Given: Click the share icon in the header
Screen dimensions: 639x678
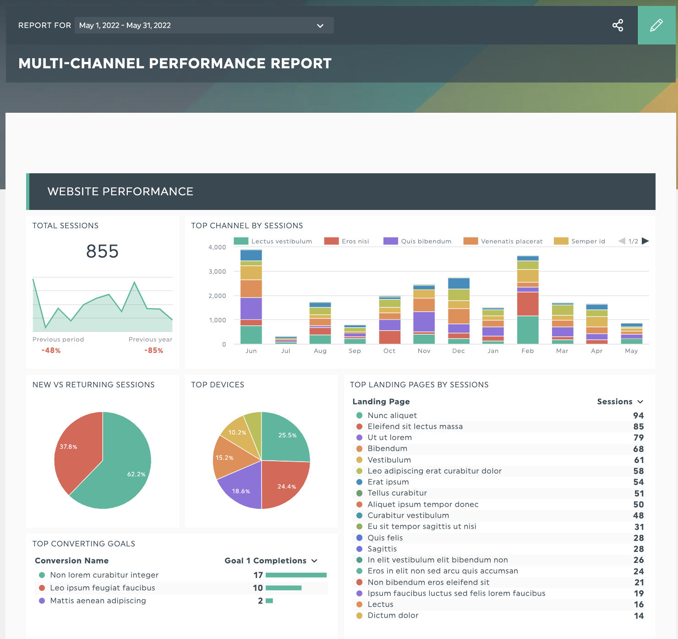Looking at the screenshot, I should (618, 25).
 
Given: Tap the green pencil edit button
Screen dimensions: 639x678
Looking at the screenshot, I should (656, 25).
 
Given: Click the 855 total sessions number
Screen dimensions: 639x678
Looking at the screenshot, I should (102, 251).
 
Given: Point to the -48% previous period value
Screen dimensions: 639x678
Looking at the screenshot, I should (51, 350).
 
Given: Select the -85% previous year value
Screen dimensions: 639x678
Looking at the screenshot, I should (153, 350).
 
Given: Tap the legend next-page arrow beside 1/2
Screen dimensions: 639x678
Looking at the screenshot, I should (645, 241).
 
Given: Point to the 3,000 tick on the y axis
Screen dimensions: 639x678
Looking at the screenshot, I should (217, 271).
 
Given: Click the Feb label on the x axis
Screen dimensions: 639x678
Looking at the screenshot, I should (527, 351).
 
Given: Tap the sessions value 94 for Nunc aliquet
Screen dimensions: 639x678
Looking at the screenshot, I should (638, 415).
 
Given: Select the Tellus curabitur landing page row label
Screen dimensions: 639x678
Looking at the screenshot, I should (397, 493).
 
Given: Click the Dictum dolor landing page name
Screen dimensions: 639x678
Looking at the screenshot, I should (393, 615).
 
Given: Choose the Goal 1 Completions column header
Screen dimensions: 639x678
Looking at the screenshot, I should (270, 561).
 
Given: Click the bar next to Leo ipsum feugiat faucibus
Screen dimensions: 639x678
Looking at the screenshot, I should (284, 588).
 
